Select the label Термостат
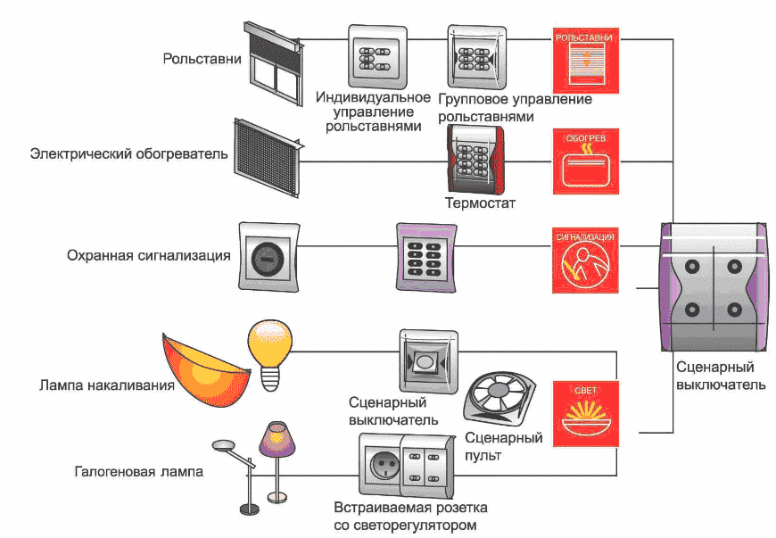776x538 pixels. pos(480,203)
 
